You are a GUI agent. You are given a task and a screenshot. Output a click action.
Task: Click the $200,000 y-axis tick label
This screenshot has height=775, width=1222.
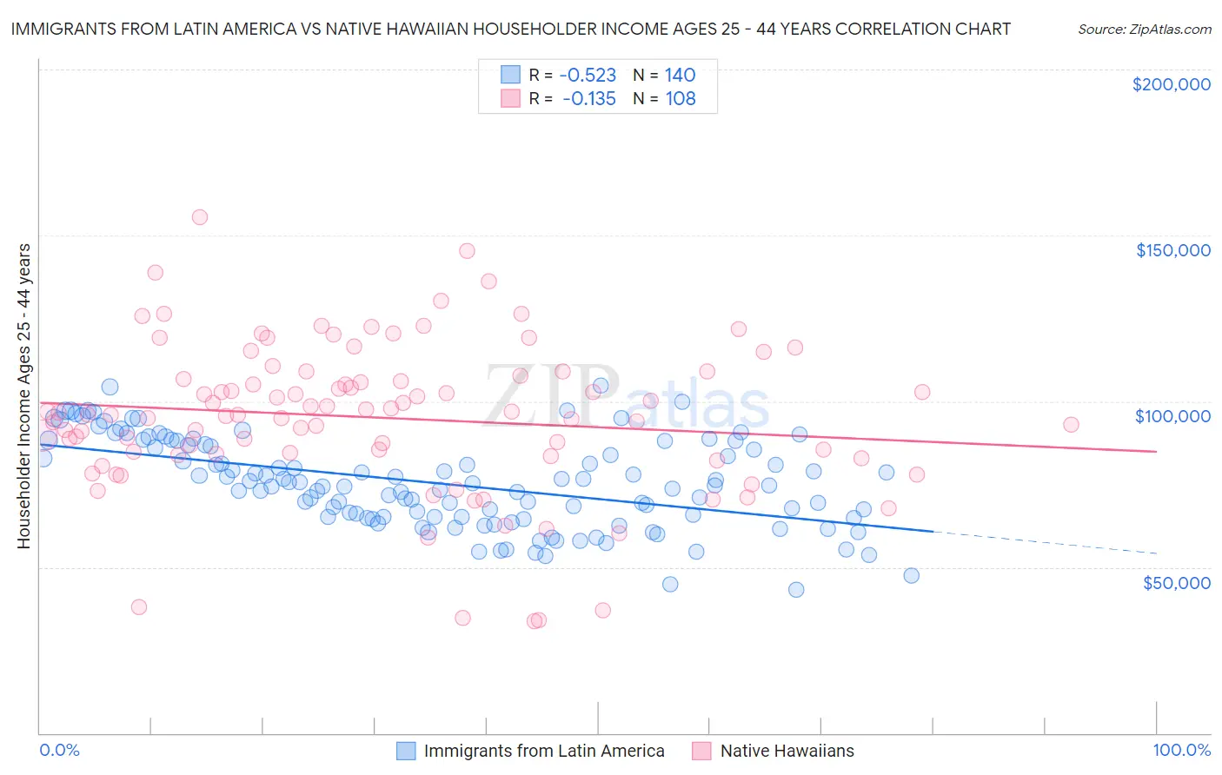pos(1171,84)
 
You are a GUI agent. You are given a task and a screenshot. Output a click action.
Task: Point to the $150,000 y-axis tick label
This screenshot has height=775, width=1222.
pos(1172,250)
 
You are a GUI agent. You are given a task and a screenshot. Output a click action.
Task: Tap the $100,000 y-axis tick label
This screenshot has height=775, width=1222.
pos(1172,416)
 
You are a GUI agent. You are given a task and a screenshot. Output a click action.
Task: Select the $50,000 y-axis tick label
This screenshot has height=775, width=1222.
pos(1176,582)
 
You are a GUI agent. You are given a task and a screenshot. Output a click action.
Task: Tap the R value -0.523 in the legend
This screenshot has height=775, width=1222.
pos(588,76)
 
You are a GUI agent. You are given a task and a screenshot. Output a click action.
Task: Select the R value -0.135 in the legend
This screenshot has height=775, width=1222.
pos(588,99)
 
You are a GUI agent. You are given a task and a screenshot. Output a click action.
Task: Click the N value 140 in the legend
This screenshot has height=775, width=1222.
pos(681,76)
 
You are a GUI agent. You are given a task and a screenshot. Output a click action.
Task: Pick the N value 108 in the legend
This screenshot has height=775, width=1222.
pos(681,99)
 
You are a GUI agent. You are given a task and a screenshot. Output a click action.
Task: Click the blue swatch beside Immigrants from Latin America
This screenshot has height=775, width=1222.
pos(406,751)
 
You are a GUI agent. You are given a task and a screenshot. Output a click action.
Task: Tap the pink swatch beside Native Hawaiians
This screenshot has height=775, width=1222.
pos(702,751)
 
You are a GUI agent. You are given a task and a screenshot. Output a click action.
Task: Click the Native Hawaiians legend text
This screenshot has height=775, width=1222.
pos(787,751)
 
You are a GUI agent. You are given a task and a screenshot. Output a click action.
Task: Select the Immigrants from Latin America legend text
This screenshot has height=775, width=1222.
pos(544,751)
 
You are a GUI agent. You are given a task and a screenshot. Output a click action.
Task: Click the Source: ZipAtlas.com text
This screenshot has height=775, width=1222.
pos(1144,30)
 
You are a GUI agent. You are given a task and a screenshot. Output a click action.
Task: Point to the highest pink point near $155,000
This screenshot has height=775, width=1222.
pos(199,217)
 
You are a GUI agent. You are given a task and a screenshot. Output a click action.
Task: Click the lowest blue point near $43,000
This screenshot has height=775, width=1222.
pos(795,590)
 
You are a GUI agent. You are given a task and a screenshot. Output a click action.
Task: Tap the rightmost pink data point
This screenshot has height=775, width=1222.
pos(1071,425)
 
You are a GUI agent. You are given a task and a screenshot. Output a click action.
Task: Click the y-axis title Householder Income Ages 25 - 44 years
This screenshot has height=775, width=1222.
pos(23,396)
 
